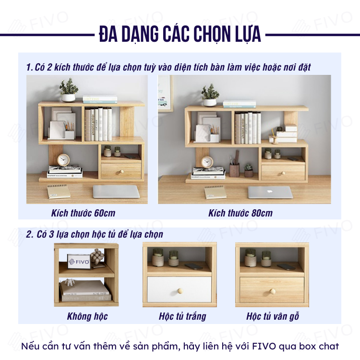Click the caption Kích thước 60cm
[x=83, y=213]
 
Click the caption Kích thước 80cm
[x=240, y=213]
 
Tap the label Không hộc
[x=87, y=316]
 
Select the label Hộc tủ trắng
[x=182, y=316]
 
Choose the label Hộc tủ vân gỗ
[x=273, y=316]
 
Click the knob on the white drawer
[x=180, y=291]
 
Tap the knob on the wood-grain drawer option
[x=273, y=291]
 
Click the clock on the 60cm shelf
[x=63, y=160]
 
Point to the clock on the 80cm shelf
[x=207, y=162]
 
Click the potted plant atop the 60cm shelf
[x=69, y=90]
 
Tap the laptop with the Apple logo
[x=270, y=192]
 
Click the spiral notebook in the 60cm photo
[x=59, y=192]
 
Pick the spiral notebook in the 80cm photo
[x=215, y=192]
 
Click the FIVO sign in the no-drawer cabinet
[x=79, y=262]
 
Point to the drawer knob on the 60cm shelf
[x=122, y=172]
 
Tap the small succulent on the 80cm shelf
[x=249, y=170]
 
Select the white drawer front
[x=180, y=289]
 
